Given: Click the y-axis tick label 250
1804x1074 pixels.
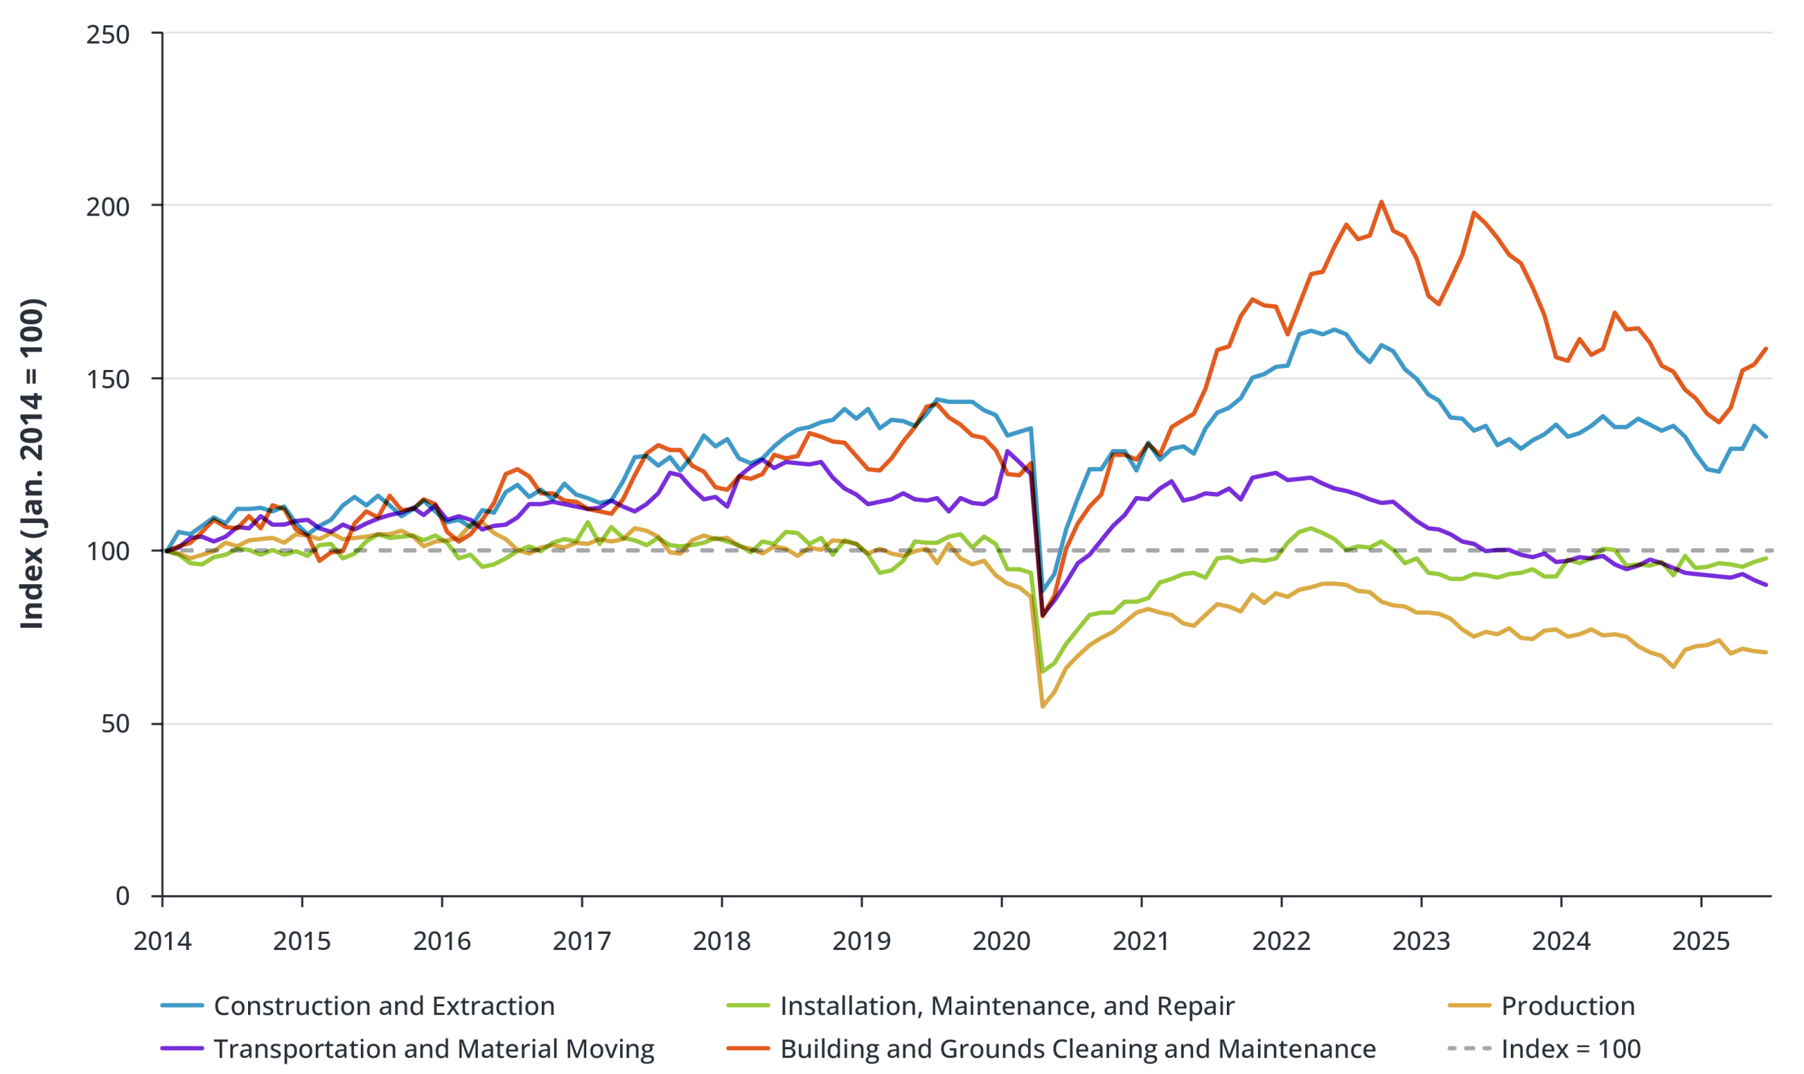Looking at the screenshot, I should [x=108, y=34].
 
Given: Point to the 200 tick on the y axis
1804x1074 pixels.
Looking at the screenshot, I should [x=108, y=207].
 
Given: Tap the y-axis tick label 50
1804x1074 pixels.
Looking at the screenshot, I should [x=115, y=724].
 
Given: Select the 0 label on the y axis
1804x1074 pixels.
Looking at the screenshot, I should [x=123, y=896].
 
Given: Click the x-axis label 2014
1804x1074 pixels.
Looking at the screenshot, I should [x=162, y=942].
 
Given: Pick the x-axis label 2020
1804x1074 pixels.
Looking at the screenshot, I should [x=1001, y=942].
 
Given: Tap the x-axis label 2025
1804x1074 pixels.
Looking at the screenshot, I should [x=1700, y=942].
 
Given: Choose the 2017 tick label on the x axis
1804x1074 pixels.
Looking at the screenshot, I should [x=582, y=942].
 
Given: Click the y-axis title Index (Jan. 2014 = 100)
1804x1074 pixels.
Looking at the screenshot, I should [x=32, y=464].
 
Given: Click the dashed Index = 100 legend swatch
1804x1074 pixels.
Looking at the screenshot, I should [x=1469, y=1049].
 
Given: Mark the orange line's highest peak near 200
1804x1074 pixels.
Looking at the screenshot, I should [x=1381, y=202].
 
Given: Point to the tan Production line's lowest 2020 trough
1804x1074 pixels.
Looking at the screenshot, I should [x=1043, y=706].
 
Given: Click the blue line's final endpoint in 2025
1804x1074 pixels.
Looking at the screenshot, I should [x=1767, y=437].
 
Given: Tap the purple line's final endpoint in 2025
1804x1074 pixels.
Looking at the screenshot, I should [x=1767, y=585].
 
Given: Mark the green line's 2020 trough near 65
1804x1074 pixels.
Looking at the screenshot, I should [x=1043, y=671].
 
